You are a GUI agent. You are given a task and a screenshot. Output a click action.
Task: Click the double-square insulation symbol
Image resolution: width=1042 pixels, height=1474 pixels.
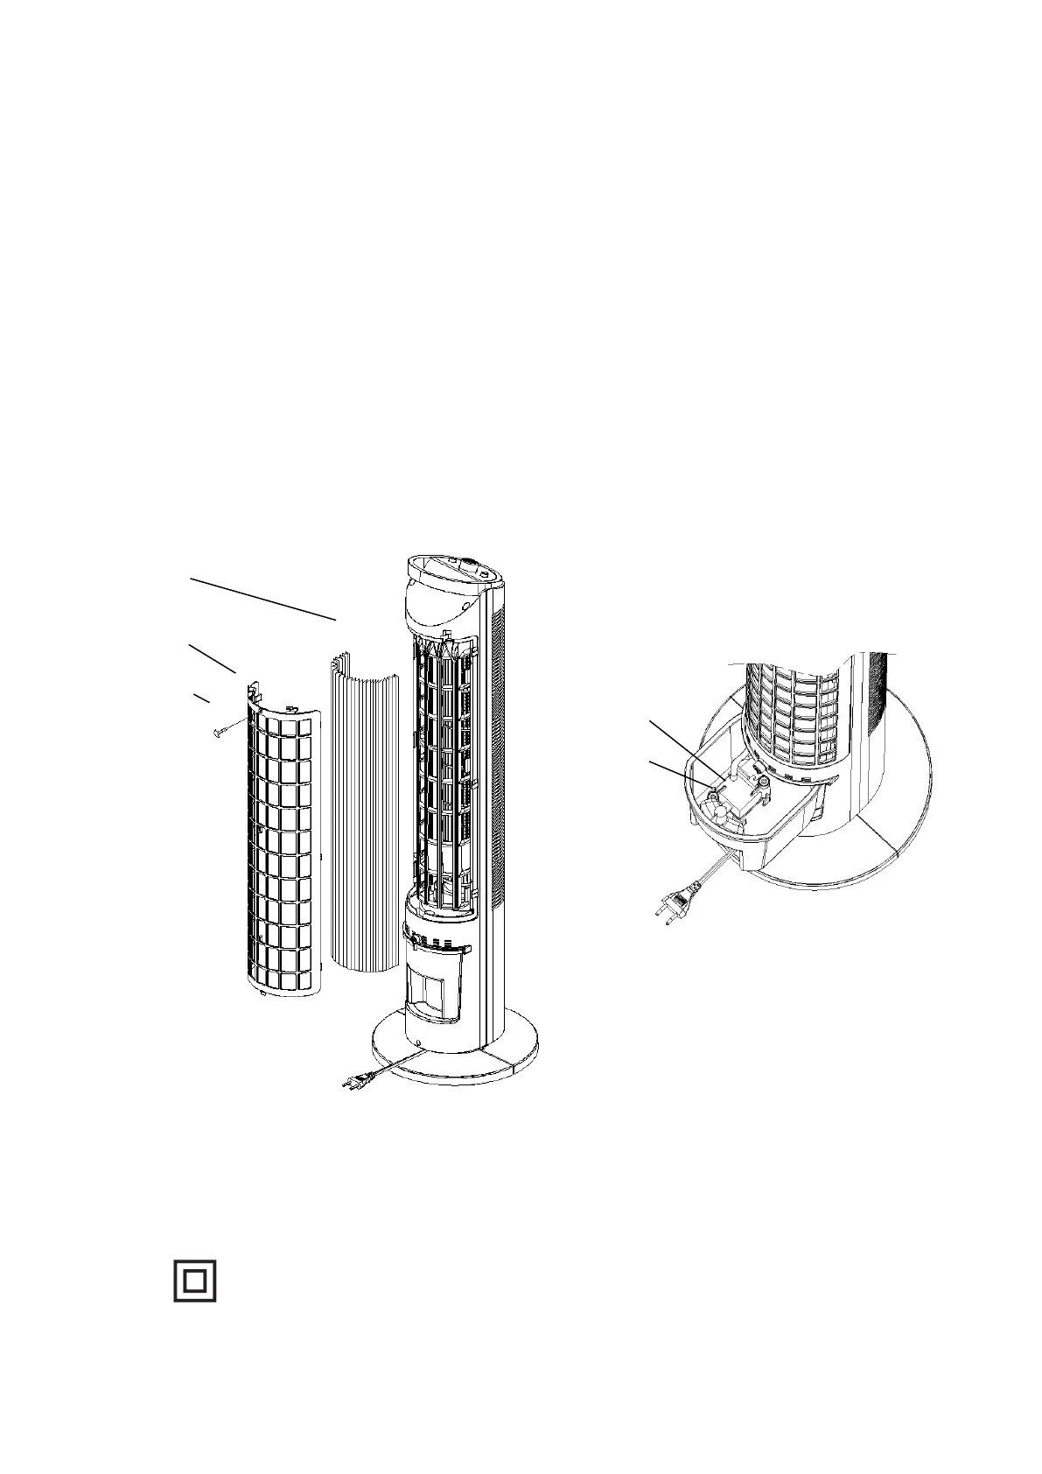(194, 1281)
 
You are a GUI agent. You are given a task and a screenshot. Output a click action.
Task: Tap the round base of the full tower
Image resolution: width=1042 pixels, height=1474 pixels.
(455, 1055)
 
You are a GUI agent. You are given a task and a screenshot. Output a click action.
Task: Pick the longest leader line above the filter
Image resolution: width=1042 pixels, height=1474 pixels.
(263, 599)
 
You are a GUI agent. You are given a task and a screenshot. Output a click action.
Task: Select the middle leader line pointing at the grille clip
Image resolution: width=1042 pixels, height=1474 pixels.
(212, 657)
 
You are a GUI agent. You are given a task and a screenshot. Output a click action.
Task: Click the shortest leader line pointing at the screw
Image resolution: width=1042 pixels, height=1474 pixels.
(201, 698)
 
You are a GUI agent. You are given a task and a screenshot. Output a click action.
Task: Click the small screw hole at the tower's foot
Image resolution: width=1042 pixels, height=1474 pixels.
(420, 1044)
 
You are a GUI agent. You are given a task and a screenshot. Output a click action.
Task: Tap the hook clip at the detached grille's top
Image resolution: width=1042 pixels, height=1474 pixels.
(252, 693)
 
